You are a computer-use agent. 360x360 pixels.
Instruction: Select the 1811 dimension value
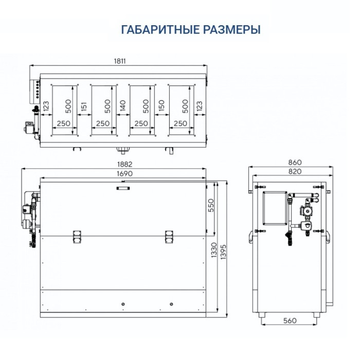tap(120, 61)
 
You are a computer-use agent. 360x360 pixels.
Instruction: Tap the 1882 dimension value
tap(124, 165)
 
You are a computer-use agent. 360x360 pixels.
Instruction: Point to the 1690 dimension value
tap(124, 174)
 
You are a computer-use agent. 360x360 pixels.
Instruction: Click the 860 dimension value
tap(295, 163)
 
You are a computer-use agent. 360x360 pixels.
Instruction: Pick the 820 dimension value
tap(295, 171)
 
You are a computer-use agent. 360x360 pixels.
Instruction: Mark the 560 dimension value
tap(290, 321)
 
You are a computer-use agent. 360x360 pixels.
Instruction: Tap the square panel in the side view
tap(273, 208)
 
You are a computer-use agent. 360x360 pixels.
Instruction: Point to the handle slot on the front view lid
tap(124, 189)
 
